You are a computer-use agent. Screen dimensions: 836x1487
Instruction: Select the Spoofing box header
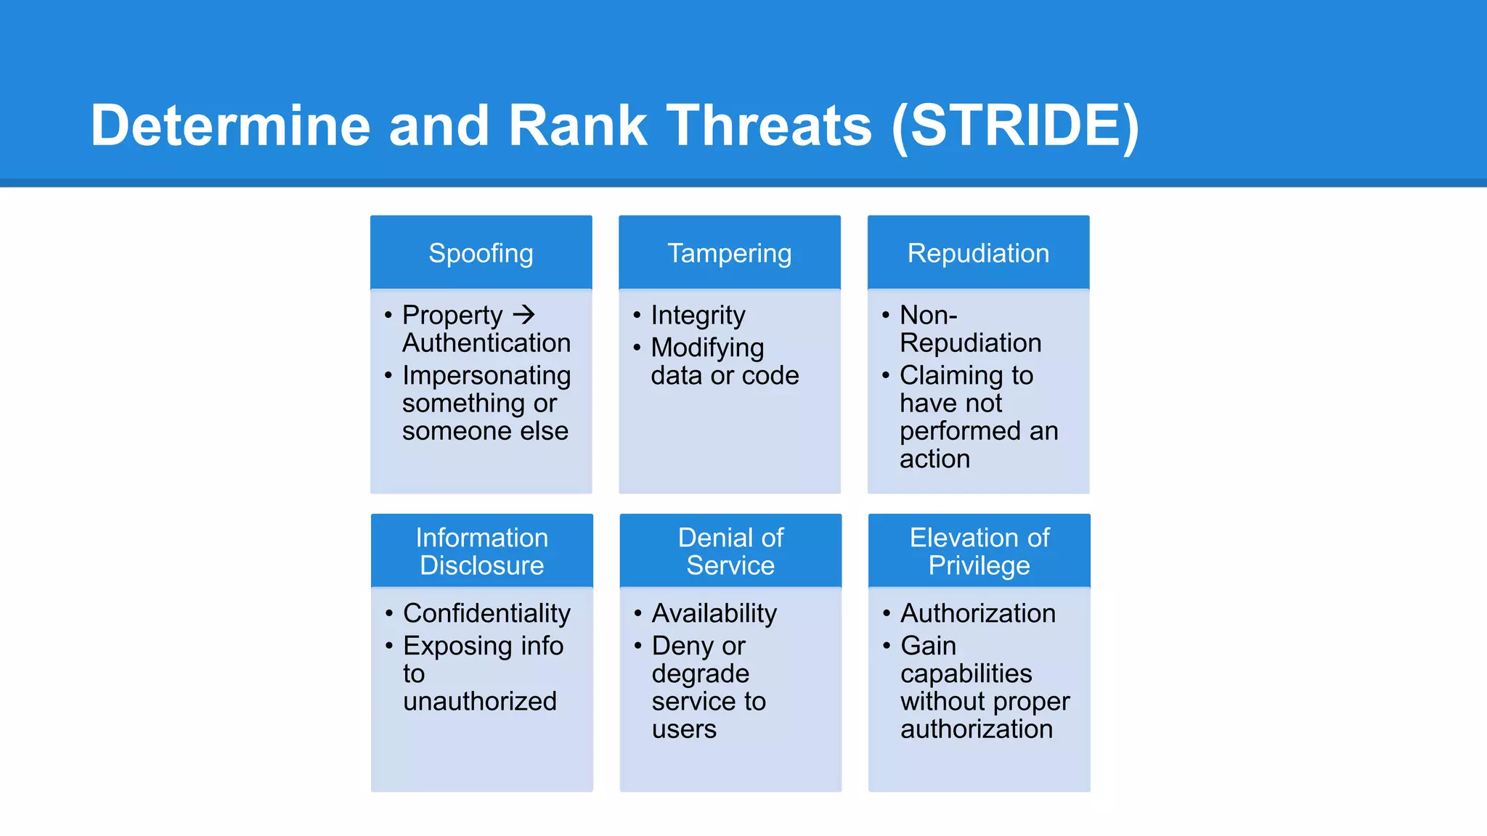[x=481, y=253]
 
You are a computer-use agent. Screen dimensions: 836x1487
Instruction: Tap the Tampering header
[x=729, y=253]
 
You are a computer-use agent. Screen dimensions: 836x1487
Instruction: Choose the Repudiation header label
[x=978, y=253]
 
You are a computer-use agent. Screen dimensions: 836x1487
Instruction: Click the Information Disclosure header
[x=481, y=551]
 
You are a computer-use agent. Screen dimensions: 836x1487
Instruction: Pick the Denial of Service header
[x=730, y=551]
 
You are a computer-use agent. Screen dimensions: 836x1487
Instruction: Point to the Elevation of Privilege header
[x=979, y=551]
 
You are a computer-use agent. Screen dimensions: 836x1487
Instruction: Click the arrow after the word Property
[x=523, y=314]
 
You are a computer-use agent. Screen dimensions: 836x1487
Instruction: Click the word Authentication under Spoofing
[x=486, y=343]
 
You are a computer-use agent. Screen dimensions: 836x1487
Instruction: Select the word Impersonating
[x=486, y=375]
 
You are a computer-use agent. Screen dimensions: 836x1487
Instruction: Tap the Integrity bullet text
[x=698, y=315]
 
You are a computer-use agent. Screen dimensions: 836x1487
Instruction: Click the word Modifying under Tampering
[x=707, y=348]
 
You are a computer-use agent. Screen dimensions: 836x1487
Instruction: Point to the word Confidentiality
[x=486, y=613]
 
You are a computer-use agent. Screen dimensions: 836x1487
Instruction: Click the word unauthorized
[x=480, y=701]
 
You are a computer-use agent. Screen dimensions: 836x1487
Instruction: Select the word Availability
[x=714, y=613]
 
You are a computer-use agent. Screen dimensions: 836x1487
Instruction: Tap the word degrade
[x=700, y=673]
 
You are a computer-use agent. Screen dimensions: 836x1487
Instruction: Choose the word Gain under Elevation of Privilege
[x=928, y=645]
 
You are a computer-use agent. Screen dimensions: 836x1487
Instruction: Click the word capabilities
[x=966, y=673]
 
